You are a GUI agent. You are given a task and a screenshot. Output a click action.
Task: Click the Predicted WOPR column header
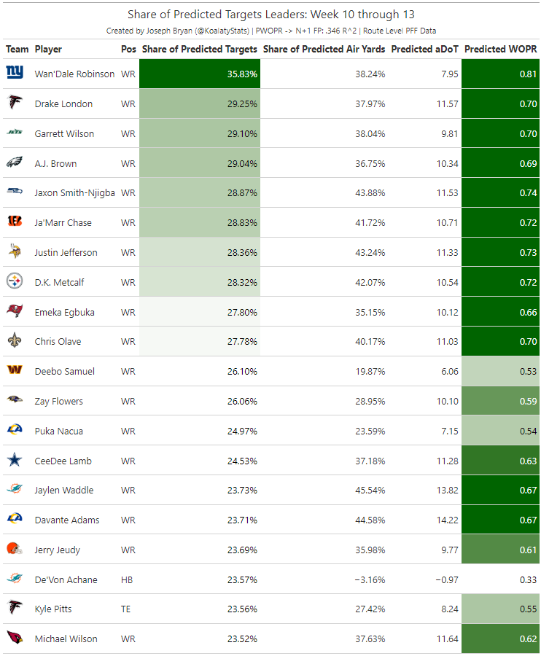(500, 49)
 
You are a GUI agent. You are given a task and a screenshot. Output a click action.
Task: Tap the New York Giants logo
(15, 73)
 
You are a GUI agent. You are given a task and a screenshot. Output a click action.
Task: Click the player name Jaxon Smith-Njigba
(74, 193)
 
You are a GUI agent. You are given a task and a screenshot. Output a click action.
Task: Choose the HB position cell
(127, 580)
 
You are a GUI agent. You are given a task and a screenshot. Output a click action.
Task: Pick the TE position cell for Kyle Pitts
(126, 609)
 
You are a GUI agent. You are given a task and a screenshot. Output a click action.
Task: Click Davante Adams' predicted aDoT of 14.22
(445, 520)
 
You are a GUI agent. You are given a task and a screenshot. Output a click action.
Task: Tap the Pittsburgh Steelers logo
(15, 281)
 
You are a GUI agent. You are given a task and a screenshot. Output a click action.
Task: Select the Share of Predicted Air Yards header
(324, 49)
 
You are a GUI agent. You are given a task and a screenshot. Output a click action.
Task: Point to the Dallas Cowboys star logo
(15, 461)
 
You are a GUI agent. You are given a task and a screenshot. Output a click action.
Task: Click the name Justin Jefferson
(66, 253)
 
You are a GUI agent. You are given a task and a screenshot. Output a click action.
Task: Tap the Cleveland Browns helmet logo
(15, 550)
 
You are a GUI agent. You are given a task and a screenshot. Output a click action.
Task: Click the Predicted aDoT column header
(424, 49)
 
